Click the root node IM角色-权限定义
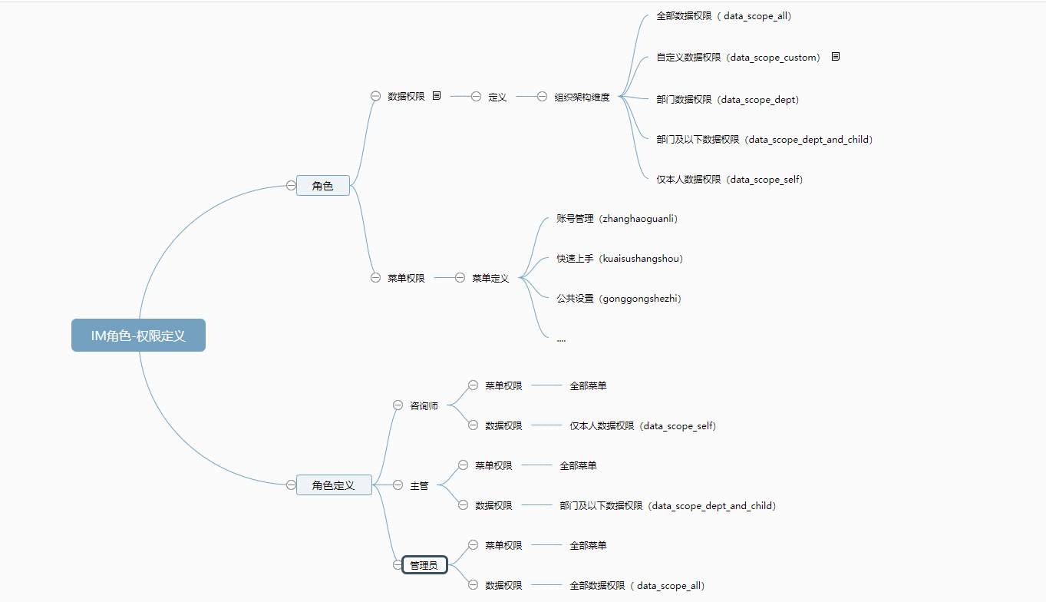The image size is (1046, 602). [138, 335]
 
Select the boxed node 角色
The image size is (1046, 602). [322, 186]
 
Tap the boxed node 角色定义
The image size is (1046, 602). [334, 485]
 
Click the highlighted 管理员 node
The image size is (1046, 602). [424, 565]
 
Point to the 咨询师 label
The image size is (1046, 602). [424, 405]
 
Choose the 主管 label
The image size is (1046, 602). [419, 485]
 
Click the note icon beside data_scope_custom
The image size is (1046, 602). [836, 57]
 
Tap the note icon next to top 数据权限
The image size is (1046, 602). [437, 96]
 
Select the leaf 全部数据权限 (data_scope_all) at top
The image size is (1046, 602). [724, 16]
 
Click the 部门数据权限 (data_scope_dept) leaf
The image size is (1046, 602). [728, 100]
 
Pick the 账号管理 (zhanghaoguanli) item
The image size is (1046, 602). [617, 219]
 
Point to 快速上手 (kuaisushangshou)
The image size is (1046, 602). [619, 259]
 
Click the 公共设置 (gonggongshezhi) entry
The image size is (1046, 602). [619, 298]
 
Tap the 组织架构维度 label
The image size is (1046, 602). [582, 98]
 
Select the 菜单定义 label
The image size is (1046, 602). [490, 278]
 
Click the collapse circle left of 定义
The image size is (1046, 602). [476, 96]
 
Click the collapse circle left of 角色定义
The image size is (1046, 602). [291, 485]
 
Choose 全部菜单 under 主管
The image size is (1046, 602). [578, 465]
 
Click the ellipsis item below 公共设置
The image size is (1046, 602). [561, 340]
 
